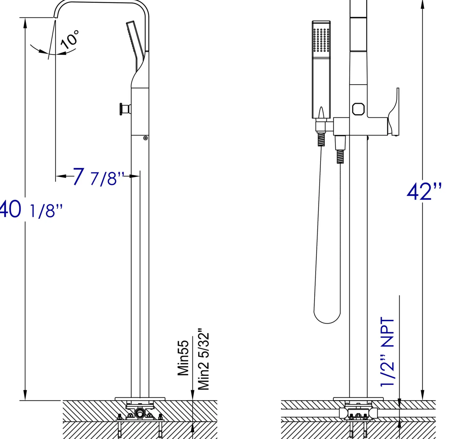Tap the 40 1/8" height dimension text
pyautogui.click(x=31, y=209)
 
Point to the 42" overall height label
pyautogui.click(x=424, y=191)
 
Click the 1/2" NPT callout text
pyautogui.click(x=387, y=352)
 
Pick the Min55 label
pyautogui.click(x=183, y=358)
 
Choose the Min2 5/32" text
pyautogui.click(x=203, y=359)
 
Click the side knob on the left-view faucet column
pyautogui.click(x=125, y=109)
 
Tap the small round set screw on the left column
pyautogui.click(x=145, y=138)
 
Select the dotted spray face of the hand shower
pyautogui.click(x=321, y=40)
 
